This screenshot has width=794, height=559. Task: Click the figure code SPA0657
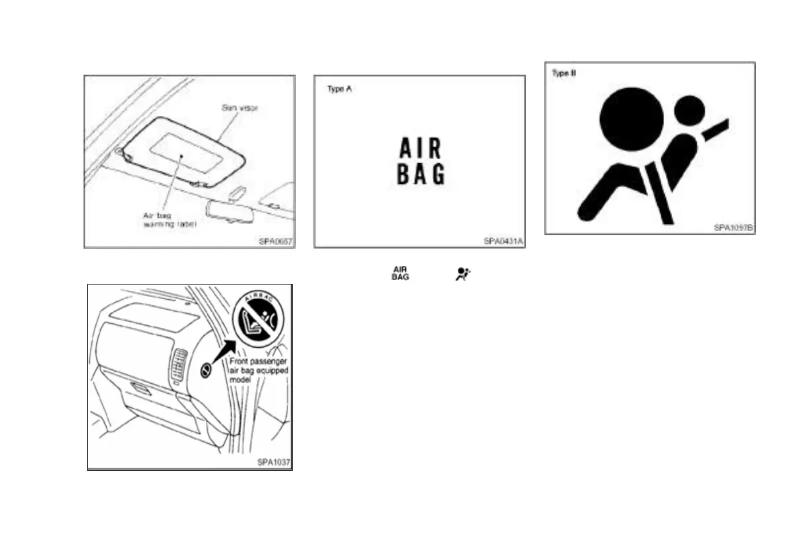point(275,241)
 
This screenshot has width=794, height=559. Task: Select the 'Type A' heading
point(339,89)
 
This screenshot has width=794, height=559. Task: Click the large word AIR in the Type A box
point(420,148)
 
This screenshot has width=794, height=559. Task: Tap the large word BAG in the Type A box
point(420,175)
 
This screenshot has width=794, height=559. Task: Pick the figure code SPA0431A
point(504,241)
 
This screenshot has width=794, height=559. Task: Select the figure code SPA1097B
point(733,227)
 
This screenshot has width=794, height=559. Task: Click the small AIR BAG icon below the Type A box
point(400,273)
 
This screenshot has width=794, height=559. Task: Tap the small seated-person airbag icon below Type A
point(461,273)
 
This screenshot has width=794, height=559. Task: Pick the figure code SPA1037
point(274,462)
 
